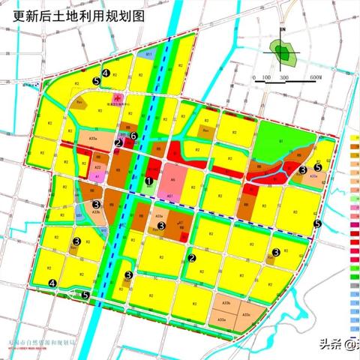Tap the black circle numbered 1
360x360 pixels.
click(x=149, y=181)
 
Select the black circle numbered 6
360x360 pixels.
click(x=133, y=136)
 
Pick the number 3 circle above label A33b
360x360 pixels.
click(x=96, y=204)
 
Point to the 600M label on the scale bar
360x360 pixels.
click(x=313, y=77)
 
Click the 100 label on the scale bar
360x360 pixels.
click(x=265, y=77)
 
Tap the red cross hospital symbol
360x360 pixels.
click(x=116, y=98)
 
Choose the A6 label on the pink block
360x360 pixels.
click(x=172, y=180)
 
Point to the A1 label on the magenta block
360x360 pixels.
click(x=98, y=178)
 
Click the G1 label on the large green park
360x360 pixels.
click(x=280, y=141)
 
